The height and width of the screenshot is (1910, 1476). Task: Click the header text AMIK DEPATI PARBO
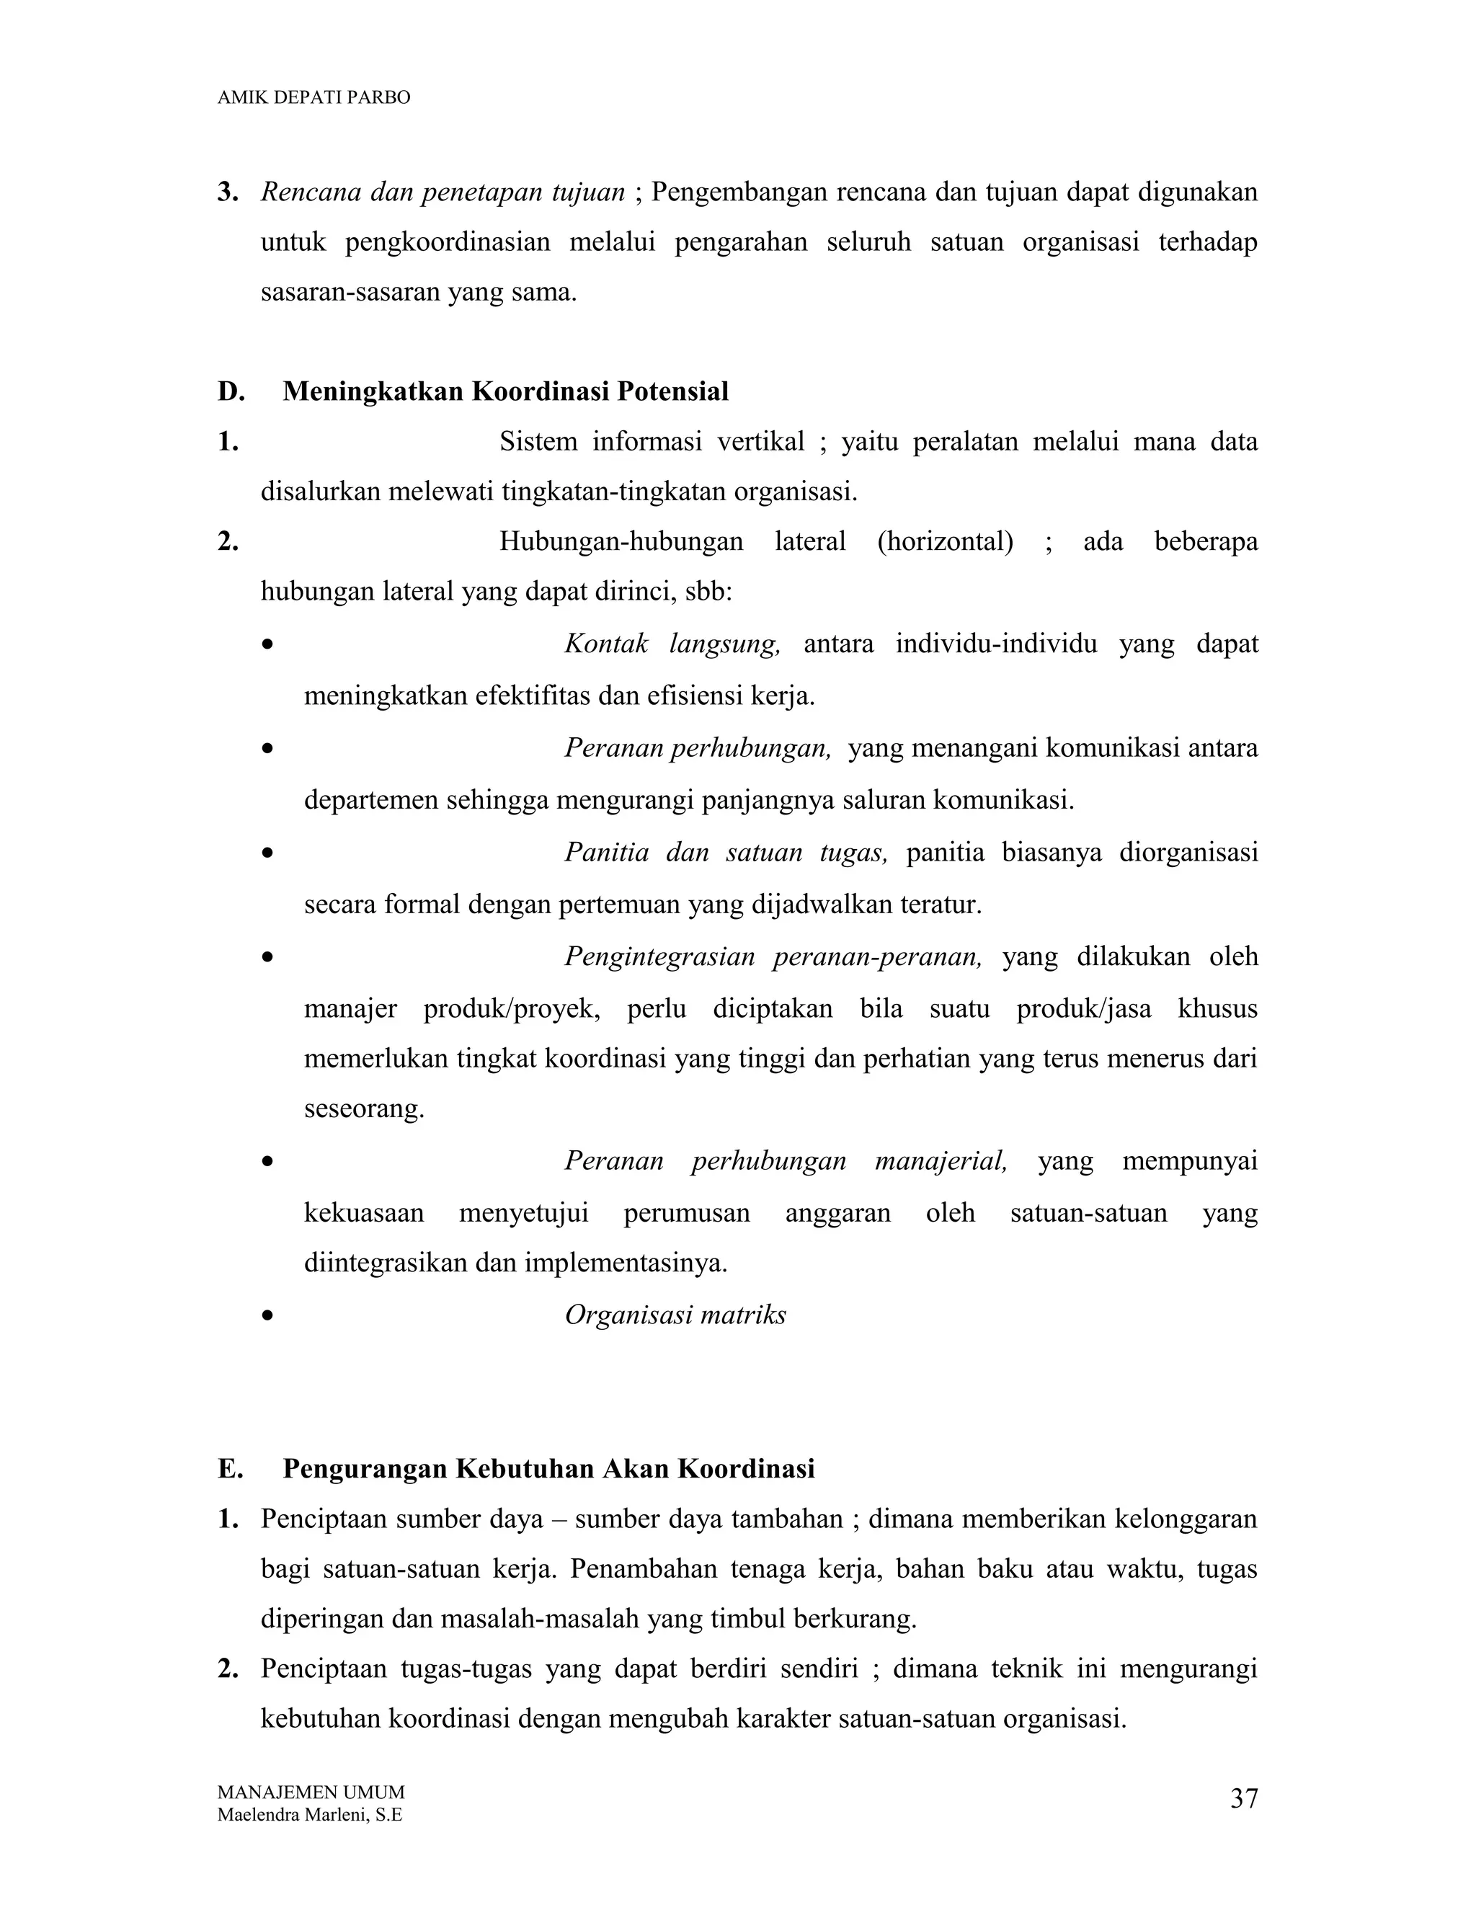coord(313,98)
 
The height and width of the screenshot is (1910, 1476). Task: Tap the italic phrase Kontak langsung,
coord(672,644)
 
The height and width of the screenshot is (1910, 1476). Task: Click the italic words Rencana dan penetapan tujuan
coord(443,192)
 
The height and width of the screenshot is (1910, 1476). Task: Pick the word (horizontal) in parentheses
coord(944,541)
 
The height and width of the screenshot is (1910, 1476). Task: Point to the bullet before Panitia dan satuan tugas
coord(267,853)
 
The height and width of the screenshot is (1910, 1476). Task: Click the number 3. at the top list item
coord(228,192)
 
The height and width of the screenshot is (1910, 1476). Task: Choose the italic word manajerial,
coord(940,1160)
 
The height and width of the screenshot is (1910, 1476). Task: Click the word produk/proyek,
coord(512,1008)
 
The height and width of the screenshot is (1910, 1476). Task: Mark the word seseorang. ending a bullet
coord(364,1109)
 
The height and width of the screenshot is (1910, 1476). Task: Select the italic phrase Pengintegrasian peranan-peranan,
coord(773,956)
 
